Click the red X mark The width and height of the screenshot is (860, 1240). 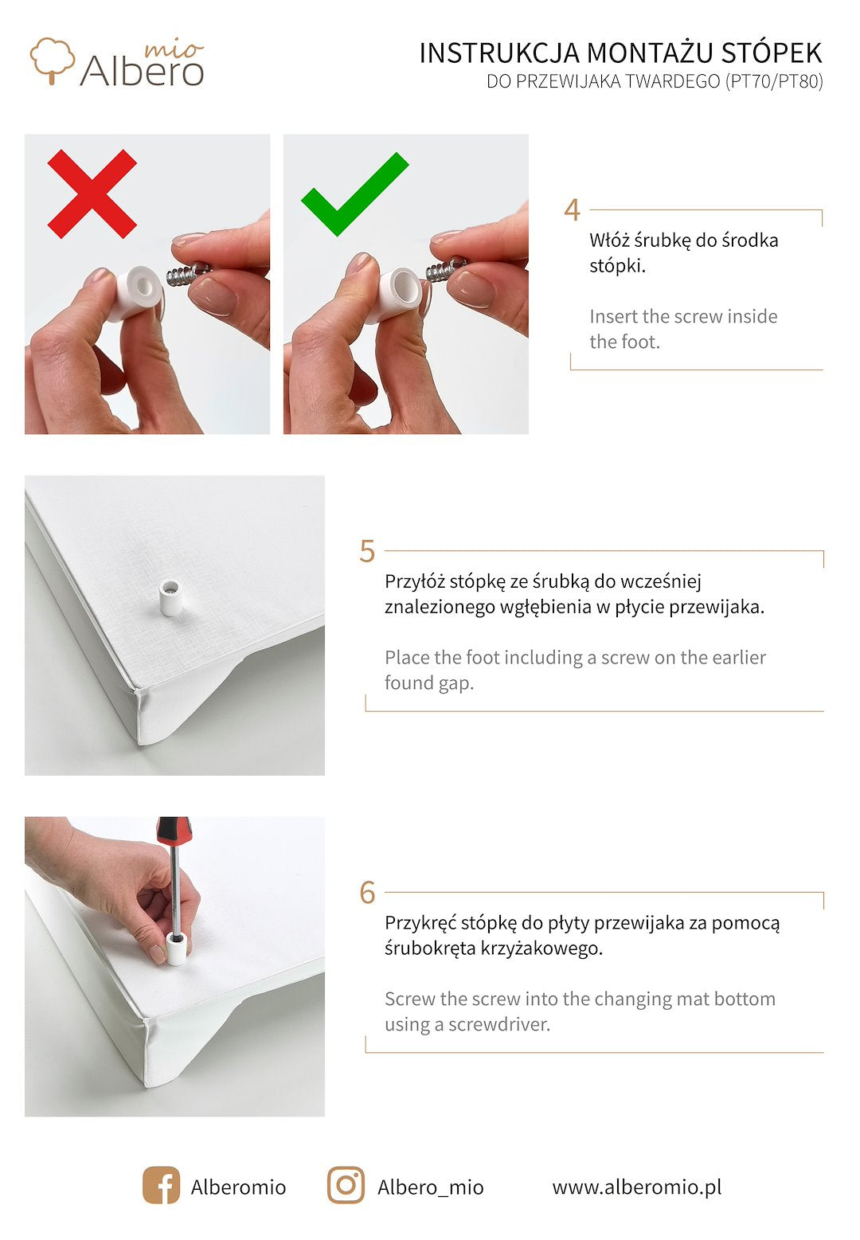point(92,194)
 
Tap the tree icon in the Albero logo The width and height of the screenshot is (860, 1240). point(52,60)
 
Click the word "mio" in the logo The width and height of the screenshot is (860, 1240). point(174,50)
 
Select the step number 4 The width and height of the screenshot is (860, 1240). point(573,210)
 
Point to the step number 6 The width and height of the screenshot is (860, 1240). point(367,893)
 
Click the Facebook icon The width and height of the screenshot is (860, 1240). point(161,1185)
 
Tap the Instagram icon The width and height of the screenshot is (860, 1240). point(346,1185)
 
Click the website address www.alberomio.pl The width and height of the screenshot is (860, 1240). point(637,1187)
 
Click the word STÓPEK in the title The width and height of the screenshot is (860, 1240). point(772,53)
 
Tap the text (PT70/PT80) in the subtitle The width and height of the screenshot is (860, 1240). point(774,81)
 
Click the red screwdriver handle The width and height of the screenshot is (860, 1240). point(174,831)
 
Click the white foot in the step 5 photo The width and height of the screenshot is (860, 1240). point(170,598)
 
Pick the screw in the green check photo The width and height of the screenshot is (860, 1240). point(446,270)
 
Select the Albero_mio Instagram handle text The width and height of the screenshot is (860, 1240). point(431,1187)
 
